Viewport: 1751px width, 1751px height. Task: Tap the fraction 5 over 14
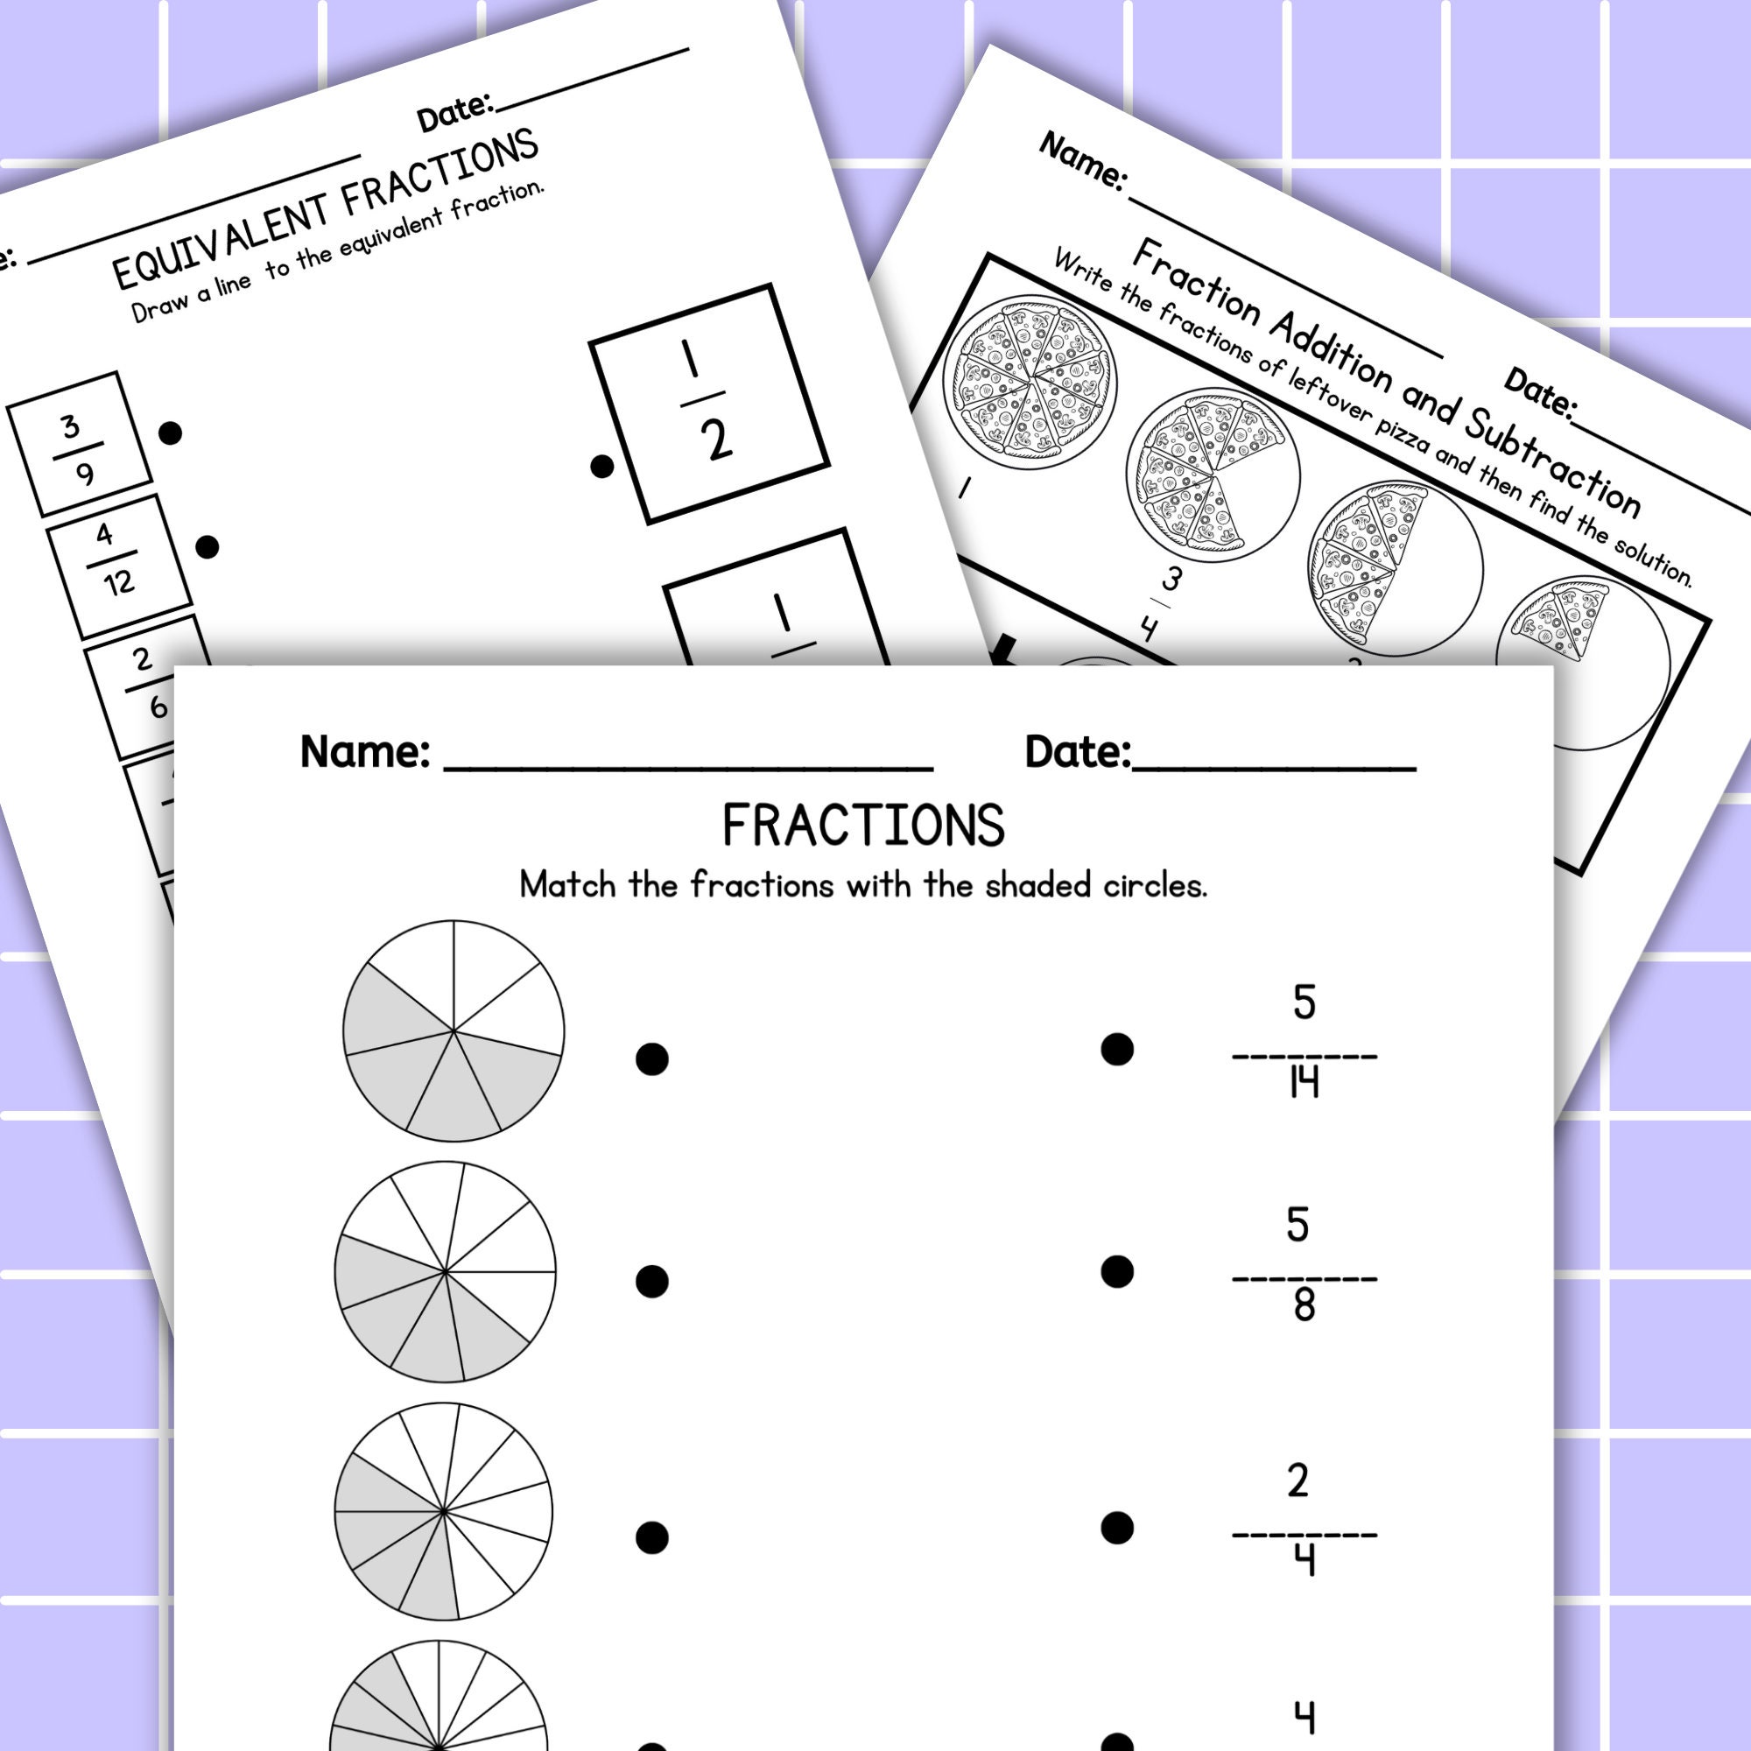(1304, 1051)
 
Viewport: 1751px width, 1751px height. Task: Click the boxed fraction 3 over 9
(79, 444)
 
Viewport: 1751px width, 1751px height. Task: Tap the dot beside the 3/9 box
(170, 432)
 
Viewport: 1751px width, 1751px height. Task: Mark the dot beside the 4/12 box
(207, 546)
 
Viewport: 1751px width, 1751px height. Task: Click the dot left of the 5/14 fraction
(1116, 1050)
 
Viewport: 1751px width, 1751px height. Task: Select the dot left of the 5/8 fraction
(1116, 1271)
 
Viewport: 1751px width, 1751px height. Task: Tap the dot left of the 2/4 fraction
(1116, 1528)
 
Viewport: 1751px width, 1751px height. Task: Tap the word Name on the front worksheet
(364, 752)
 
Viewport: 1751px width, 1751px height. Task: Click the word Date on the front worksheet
(1077, 752)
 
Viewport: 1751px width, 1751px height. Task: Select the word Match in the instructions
(568, 884)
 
